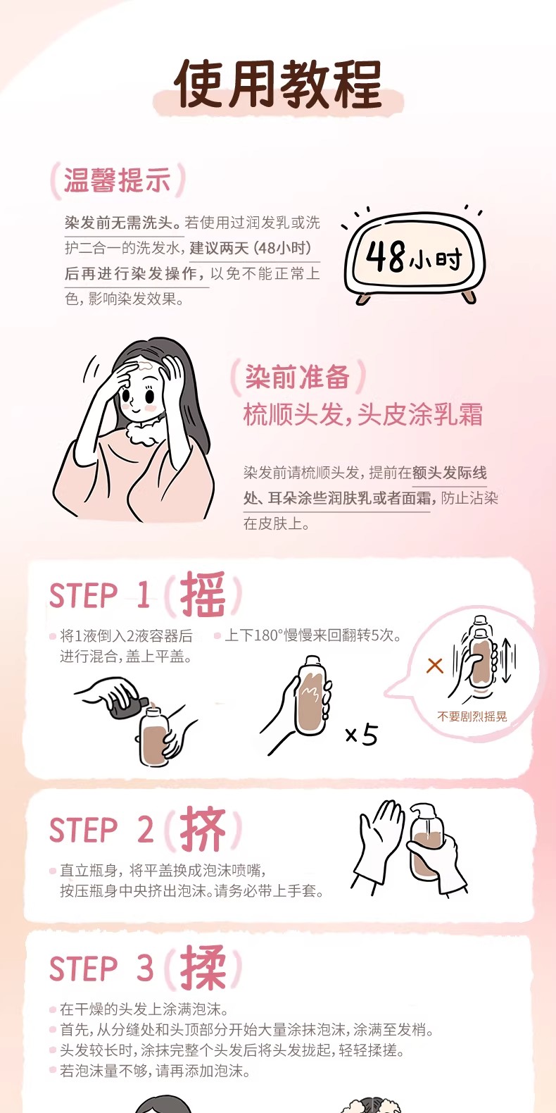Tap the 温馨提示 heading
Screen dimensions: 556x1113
pos(117,180)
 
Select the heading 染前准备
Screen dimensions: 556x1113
pos(298,377)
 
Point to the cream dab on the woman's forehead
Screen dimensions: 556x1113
pos(146,367)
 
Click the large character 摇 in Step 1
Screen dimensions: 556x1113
pos(203,595)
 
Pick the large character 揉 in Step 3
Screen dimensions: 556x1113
pos(203,967)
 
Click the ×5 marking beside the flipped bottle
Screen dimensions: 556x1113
pos(362,735)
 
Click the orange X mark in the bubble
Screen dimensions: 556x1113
pos(435,666)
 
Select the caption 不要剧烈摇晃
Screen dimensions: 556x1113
pos(472,716)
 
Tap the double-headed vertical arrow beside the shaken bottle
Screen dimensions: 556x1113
pos(506,661)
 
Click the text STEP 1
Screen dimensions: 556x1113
pos(99,595)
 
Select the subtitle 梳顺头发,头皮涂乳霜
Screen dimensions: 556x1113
pos(363,414)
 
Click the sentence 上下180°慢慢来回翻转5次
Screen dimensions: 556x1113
pos(312,635)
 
